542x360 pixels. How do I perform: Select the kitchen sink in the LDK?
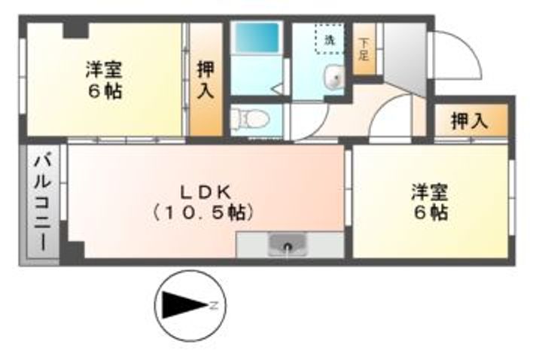click(290, 245)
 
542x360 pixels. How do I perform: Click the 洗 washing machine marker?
click(329, 41)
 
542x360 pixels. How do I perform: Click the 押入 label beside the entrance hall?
click(470, 121)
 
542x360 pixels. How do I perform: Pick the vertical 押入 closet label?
click(205, 80)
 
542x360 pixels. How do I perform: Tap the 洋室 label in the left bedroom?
click(104, 70)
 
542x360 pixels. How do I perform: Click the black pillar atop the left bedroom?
click(75, 30)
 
